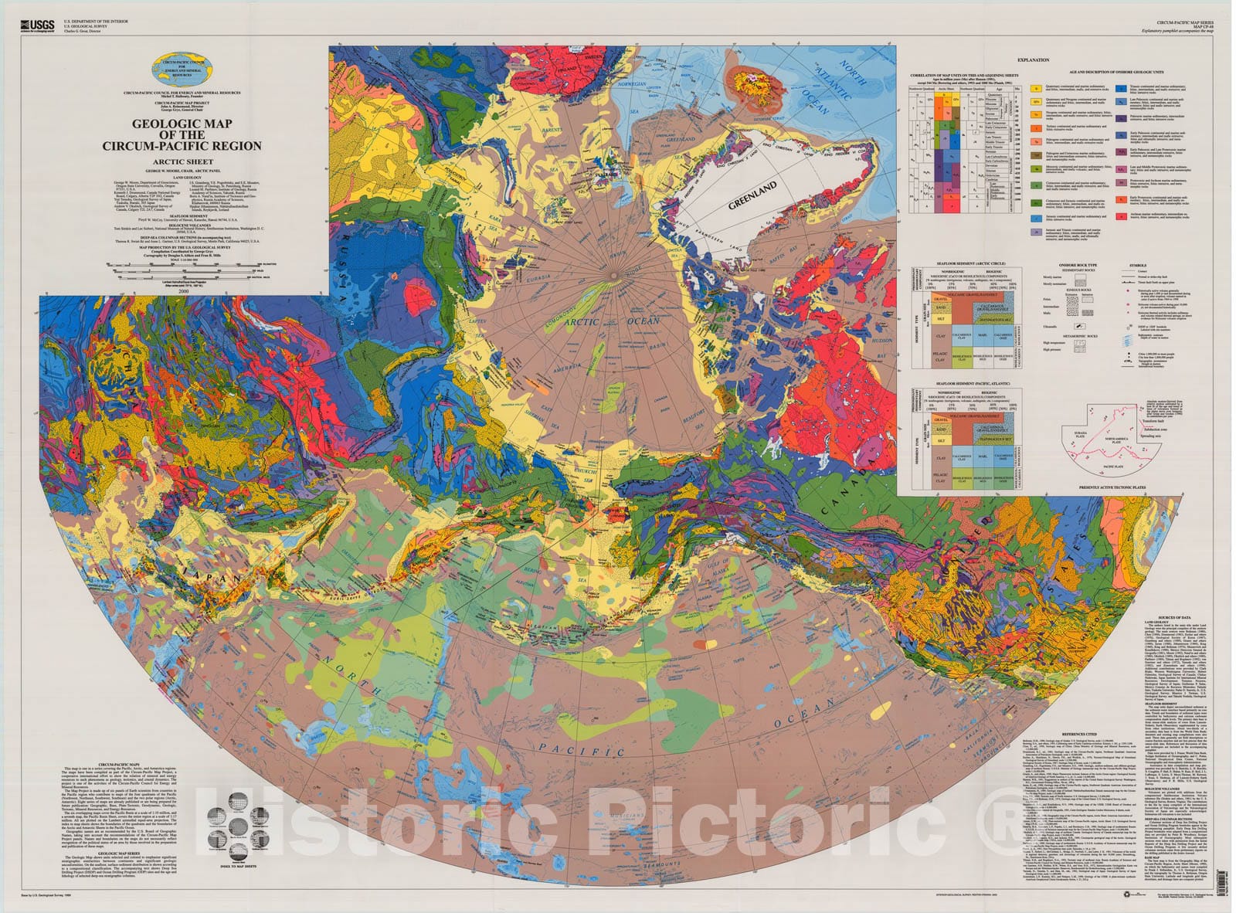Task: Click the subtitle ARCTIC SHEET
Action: pyautogui.click(x=182, y=161)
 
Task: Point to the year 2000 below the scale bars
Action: pyautogui.click(x=182, y=291)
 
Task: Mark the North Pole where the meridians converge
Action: pyautogui.click(x=613, y=274)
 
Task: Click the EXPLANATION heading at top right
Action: pyautogui.click(x=1033, y=59)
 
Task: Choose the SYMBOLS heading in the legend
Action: pyautogui.click(x=1137, y=266)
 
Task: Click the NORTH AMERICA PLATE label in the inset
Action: pyautogui.click(x=1120, y=439)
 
